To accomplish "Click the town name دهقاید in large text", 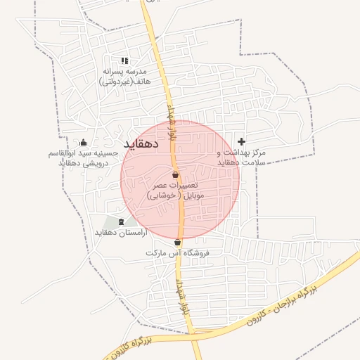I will click(142, 144).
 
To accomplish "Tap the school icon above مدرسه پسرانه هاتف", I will click(124, 61).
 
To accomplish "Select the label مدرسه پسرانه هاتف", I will click(124, 72).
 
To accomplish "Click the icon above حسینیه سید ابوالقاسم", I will click(84, 143).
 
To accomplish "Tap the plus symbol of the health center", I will click(242, 141).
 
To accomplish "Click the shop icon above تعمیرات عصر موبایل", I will click(175, 174).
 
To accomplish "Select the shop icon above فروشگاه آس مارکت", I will click(177, 243).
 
